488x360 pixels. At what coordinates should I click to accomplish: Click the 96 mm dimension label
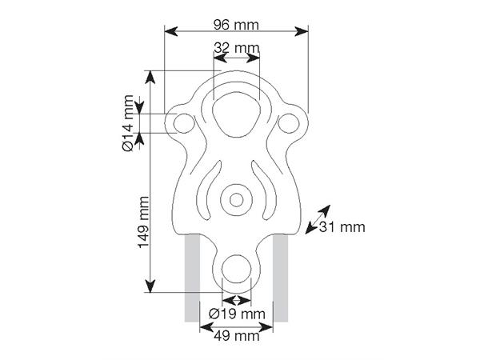pos(236,25)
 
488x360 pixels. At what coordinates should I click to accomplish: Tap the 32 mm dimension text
pos(237,48)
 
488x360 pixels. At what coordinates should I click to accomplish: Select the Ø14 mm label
pos(128,123)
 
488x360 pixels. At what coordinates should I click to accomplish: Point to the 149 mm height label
pos(143,222)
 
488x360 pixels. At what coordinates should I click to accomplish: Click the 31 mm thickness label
pos(342,227)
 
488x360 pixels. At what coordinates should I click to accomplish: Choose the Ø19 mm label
pos(237,314)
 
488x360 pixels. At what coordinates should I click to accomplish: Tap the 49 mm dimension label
pos(237,336)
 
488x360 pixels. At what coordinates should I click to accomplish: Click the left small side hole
pos(184,123)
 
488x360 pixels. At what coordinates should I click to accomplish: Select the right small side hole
pos(289,123)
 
